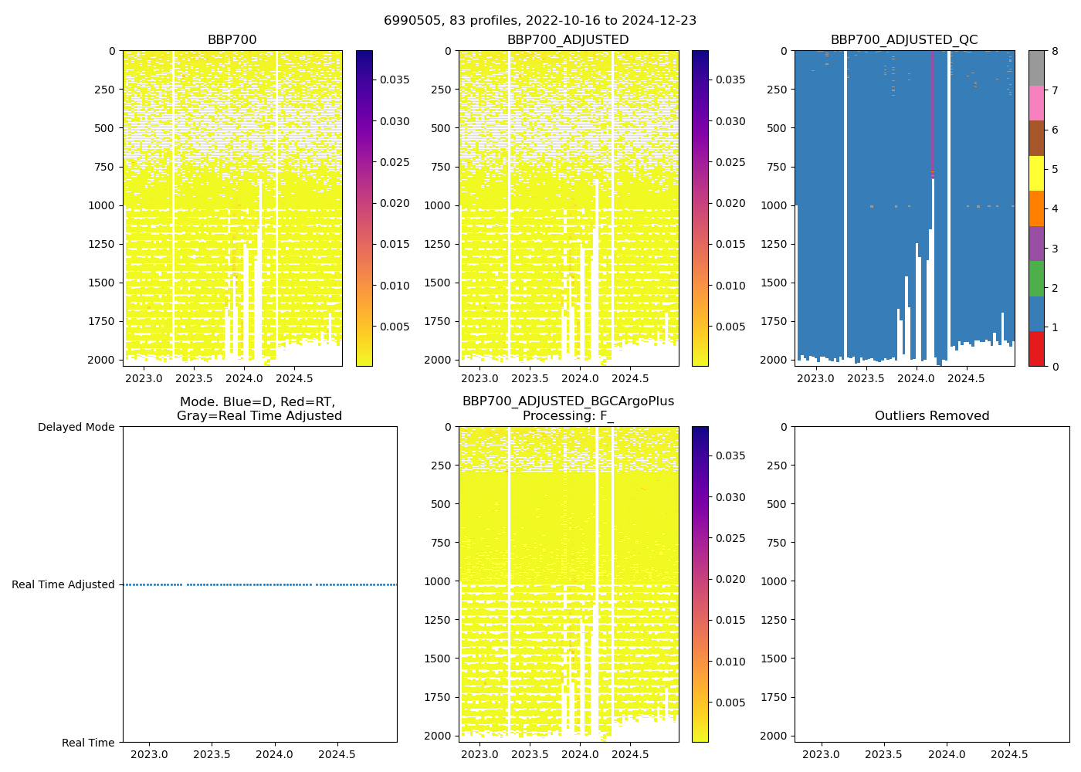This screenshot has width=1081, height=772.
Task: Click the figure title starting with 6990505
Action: tap(540, 21)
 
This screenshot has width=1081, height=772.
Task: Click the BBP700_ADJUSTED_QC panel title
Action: tap(904, 40)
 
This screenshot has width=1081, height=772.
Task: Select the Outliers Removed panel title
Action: tap(932, 416)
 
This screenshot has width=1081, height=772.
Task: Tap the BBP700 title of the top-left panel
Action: tap(232, 40)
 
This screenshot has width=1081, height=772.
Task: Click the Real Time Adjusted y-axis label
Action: tap(63, 585)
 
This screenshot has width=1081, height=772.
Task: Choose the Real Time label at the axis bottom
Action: tap(88, 743)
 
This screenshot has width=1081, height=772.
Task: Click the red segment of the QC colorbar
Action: tap(1036, 349)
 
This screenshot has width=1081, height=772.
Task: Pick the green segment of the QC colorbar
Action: tap(1036, 279)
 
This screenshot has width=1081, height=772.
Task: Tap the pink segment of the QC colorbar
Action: tap(1036, 103)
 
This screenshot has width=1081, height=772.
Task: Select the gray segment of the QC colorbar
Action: tap(1036, 68)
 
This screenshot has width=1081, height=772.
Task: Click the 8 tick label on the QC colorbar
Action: tap(1055, 51)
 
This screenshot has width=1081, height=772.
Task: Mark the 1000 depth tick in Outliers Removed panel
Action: tap(774, 581)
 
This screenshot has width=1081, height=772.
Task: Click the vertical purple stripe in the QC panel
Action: tap(933, 108)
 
